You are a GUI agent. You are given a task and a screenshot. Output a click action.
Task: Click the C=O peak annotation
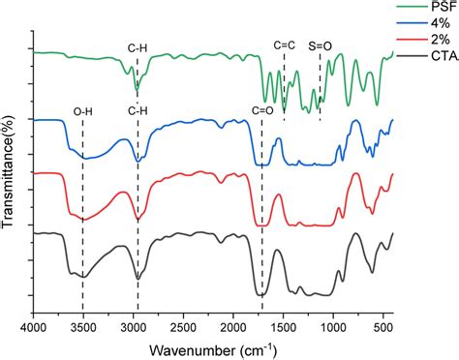(x=262, y=111)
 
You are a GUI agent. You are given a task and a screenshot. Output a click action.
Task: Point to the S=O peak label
(x=320, y=44)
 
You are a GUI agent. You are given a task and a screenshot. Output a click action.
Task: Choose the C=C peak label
(x=284, y=44)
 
